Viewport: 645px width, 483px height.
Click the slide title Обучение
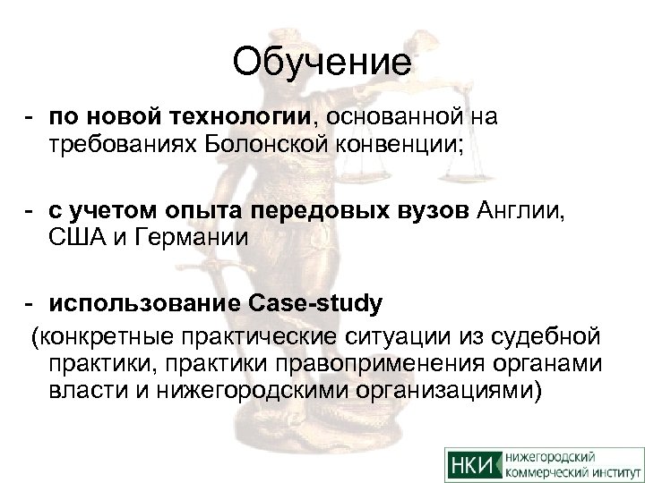coord(322,64)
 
